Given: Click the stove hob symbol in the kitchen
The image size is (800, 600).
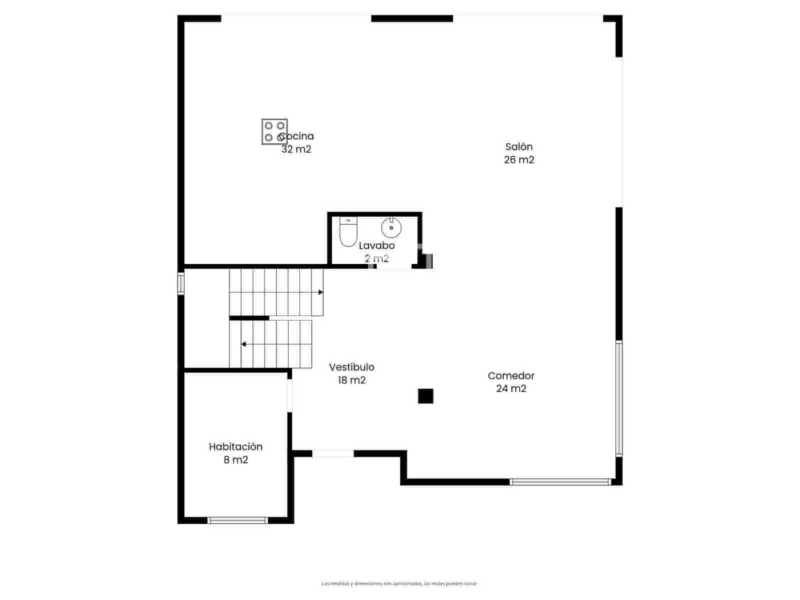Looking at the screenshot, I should [274, 131].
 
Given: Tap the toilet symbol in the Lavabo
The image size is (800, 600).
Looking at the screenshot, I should [348, 232].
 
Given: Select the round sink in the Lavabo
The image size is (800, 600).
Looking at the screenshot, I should [391, 227].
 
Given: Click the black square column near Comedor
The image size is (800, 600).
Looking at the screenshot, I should [425, 396].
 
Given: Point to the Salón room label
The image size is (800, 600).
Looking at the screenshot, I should [519, 147].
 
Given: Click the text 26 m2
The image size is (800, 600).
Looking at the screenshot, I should [519, 160].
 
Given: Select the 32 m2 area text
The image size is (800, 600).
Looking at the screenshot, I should [296, 149].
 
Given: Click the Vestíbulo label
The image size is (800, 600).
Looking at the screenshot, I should [351, 367].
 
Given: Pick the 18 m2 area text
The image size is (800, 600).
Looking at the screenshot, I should [351, 380].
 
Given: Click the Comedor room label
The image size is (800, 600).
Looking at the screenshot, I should [511, 376].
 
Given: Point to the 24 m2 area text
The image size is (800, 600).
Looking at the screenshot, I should [511, 389].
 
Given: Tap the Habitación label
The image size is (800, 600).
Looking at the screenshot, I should [235, 447].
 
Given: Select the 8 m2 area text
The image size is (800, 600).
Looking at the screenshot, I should [235, 460].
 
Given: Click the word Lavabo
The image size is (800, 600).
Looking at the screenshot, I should [376, 245].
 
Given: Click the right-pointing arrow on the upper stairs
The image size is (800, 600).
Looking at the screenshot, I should [320, 292].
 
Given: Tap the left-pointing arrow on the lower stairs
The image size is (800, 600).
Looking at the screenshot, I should [243, 344].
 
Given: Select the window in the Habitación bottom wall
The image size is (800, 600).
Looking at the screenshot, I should [237, 520].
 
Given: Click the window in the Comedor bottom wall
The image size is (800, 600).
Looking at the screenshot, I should [560, 482].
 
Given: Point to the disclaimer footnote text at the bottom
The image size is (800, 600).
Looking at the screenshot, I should [399, 583].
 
